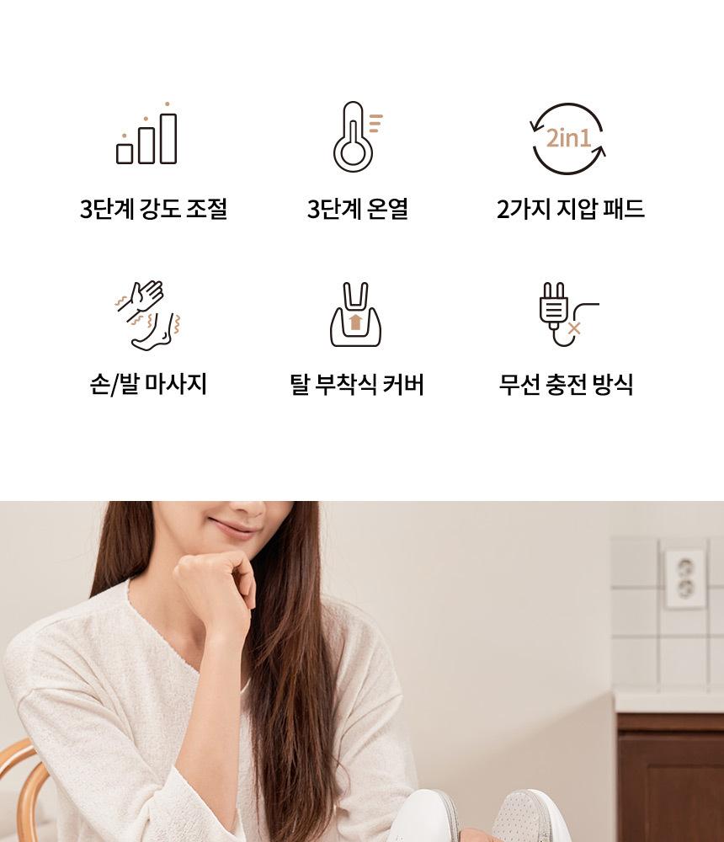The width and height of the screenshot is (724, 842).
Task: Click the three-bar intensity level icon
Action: tap(146, 134)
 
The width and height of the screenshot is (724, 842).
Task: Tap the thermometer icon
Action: tap(357, 136)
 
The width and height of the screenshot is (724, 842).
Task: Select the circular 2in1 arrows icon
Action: tap(568, 139)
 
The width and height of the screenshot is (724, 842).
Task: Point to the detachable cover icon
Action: tap(355, 315)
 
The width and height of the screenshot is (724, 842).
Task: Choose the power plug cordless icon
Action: tap(568, 314)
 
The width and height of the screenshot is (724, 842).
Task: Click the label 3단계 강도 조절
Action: tap(153, 208)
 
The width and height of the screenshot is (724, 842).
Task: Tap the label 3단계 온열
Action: tap(358, 208)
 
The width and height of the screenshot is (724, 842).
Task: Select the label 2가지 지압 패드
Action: tap(571, 208)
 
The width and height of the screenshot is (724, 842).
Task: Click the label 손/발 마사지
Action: tap(148, 384)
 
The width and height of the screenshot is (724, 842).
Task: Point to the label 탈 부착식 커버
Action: tap(357, 384)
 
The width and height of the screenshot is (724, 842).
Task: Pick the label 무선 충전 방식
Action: tap(566, 384)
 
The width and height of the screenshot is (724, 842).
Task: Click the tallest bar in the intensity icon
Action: tap(168, 139)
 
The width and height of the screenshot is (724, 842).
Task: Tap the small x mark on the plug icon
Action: tap(574, 328)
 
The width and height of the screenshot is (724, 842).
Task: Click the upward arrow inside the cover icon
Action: tap(355, 322)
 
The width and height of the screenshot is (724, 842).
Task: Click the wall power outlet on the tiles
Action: tap(684, 578)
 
